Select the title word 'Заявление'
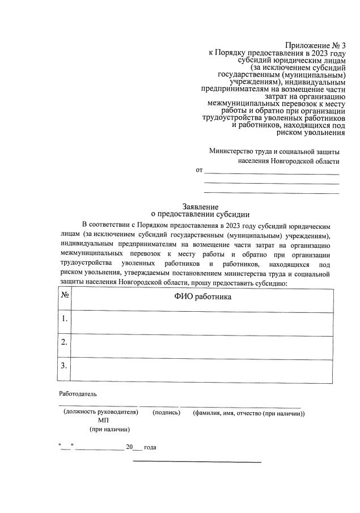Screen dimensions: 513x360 tap(200, 207)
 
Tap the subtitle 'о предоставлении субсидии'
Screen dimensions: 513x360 tap(200, 215)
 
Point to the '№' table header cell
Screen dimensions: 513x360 tap(65, 295)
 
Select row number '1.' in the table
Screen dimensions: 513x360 tap(65, 319)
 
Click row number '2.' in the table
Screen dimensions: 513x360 tap(65, 342)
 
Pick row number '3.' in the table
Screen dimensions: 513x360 tap(65, 365)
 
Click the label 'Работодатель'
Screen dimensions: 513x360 tap(78, 393)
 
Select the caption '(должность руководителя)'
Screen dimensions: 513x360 tap(101, 413)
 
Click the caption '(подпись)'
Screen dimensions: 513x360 tap(167, 413)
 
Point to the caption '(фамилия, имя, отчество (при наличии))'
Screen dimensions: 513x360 tap(249, 413)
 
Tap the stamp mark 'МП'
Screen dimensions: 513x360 tap(103, 421)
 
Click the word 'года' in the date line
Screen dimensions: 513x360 tap(150, 447)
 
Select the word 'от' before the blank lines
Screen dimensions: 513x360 tap(199, 169)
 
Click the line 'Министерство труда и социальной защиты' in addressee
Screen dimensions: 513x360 tap(274, 151)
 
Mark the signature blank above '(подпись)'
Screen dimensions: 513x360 tap(159, 406)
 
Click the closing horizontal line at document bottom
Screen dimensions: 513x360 tap(197, 462)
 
